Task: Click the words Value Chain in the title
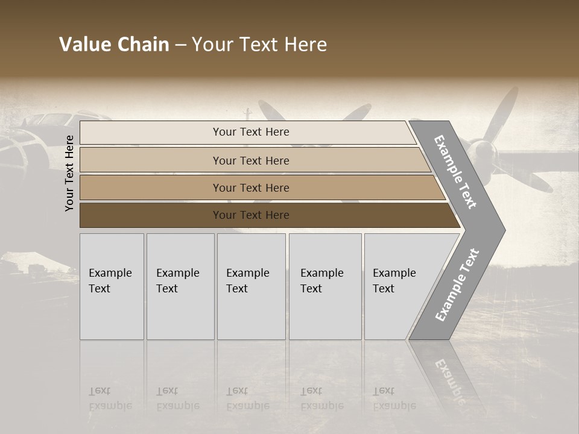point(114,45)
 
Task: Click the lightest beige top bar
point(151,133)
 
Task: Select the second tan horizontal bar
point(151,160)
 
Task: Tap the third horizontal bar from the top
point(151,187)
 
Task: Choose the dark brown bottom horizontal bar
point(151,215)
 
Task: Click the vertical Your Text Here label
point(69,173)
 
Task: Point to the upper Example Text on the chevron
point(455,172)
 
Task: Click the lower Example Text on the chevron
point(457,285)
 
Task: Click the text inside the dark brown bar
point(251,215)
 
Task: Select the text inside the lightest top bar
point(251,132)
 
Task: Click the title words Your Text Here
point(259,45)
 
